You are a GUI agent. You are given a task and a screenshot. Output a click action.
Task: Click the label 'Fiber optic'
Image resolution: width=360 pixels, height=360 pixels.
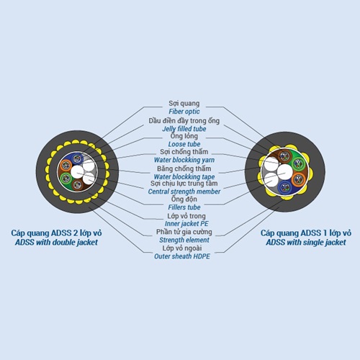click(184, 112)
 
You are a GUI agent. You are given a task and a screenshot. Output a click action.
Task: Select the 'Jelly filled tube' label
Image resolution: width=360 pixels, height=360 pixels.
click(184, 129)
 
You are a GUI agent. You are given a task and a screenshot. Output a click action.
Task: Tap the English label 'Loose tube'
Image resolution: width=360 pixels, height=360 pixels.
click(184, 144)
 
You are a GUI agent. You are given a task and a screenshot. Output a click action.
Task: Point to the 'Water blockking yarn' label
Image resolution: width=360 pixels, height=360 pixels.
click(184, 160)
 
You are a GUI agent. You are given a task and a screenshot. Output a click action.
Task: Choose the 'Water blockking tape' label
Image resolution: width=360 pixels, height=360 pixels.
click(184, 177)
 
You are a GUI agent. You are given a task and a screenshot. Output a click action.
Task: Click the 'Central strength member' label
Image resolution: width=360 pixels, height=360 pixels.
click(184, 192)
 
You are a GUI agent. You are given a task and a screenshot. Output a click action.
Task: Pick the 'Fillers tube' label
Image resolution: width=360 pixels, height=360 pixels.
click(184, 207)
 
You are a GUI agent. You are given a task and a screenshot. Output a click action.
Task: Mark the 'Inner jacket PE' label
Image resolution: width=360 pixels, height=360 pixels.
click(186, 224)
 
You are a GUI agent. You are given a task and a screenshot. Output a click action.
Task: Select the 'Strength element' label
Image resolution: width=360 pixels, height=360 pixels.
click(184, 240)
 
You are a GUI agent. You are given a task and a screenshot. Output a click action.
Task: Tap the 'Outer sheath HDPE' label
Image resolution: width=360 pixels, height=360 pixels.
click(182, 256)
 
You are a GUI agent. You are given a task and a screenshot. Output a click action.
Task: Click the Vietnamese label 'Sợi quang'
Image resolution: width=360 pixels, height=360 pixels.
click(184, 104)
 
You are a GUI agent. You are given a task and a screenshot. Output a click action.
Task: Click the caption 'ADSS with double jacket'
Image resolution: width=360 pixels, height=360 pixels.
click(56, 243)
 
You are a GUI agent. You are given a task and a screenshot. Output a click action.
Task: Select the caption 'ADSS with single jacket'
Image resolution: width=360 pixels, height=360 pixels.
click(306, 243)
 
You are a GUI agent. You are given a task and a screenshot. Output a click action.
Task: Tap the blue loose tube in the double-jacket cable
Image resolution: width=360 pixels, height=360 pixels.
click(77, 158)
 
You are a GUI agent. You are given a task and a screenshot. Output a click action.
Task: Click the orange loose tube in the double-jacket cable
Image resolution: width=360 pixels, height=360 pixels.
click(66, 166)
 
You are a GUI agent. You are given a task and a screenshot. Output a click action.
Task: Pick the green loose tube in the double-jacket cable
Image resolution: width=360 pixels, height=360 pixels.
click(66, 179)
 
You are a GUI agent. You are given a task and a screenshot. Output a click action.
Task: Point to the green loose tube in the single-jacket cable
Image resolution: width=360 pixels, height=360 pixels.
click(298, 164)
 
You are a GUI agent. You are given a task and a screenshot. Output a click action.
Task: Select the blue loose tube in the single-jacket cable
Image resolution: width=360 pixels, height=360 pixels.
click(285, 187)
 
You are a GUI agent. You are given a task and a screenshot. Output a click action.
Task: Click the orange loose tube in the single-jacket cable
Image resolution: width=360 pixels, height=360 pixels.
click(298, 179)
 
